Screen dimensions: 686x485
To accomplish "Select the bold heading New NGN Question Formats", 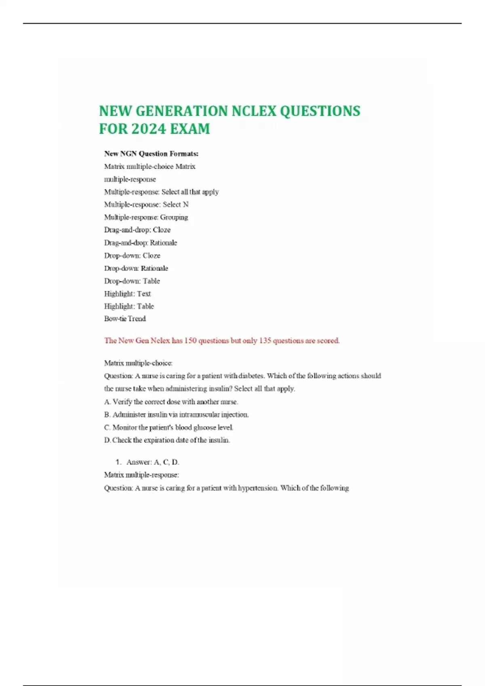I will click(x=151, y=154).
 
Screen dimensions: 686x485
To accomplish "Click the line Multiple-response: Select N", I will click(x=146, y=205).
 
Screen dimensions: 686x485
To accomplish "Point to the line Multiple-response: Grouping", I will click(x=146, y=217).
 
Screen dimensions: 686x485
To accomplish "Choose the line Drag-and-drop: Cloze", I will click(x=137, y=230).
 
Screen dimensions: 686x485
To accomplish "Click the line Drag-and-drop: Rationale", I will click(x=140, y=243).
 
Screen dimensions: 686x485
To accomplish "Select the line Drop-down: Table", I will click(x=132, y=281).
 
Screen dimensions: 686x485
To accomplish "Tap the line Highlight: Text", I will click(x=127, y=293).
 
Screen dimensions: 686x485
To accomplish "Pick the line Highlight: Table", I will click(x=129, y=306).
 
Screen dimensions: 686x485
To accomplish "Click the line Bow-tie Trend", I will click(x=125, y=319).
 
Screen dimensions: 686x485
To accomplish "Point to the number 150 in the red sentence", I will click(x=190, y=341).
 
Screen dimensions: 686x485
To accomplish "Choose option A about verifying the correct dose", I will click(x=171, y=402).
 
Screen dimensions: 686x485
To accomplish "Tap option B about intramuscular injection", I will click(x=176, y=414).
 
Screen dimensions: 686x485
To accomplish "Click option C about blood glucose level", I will click(x=169, y=427).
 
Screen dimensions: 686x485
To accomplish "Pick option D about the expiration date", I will click(x=167, y=440).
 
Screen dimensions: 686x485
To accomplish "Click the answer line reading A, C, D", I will click(x=152, y=462).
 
